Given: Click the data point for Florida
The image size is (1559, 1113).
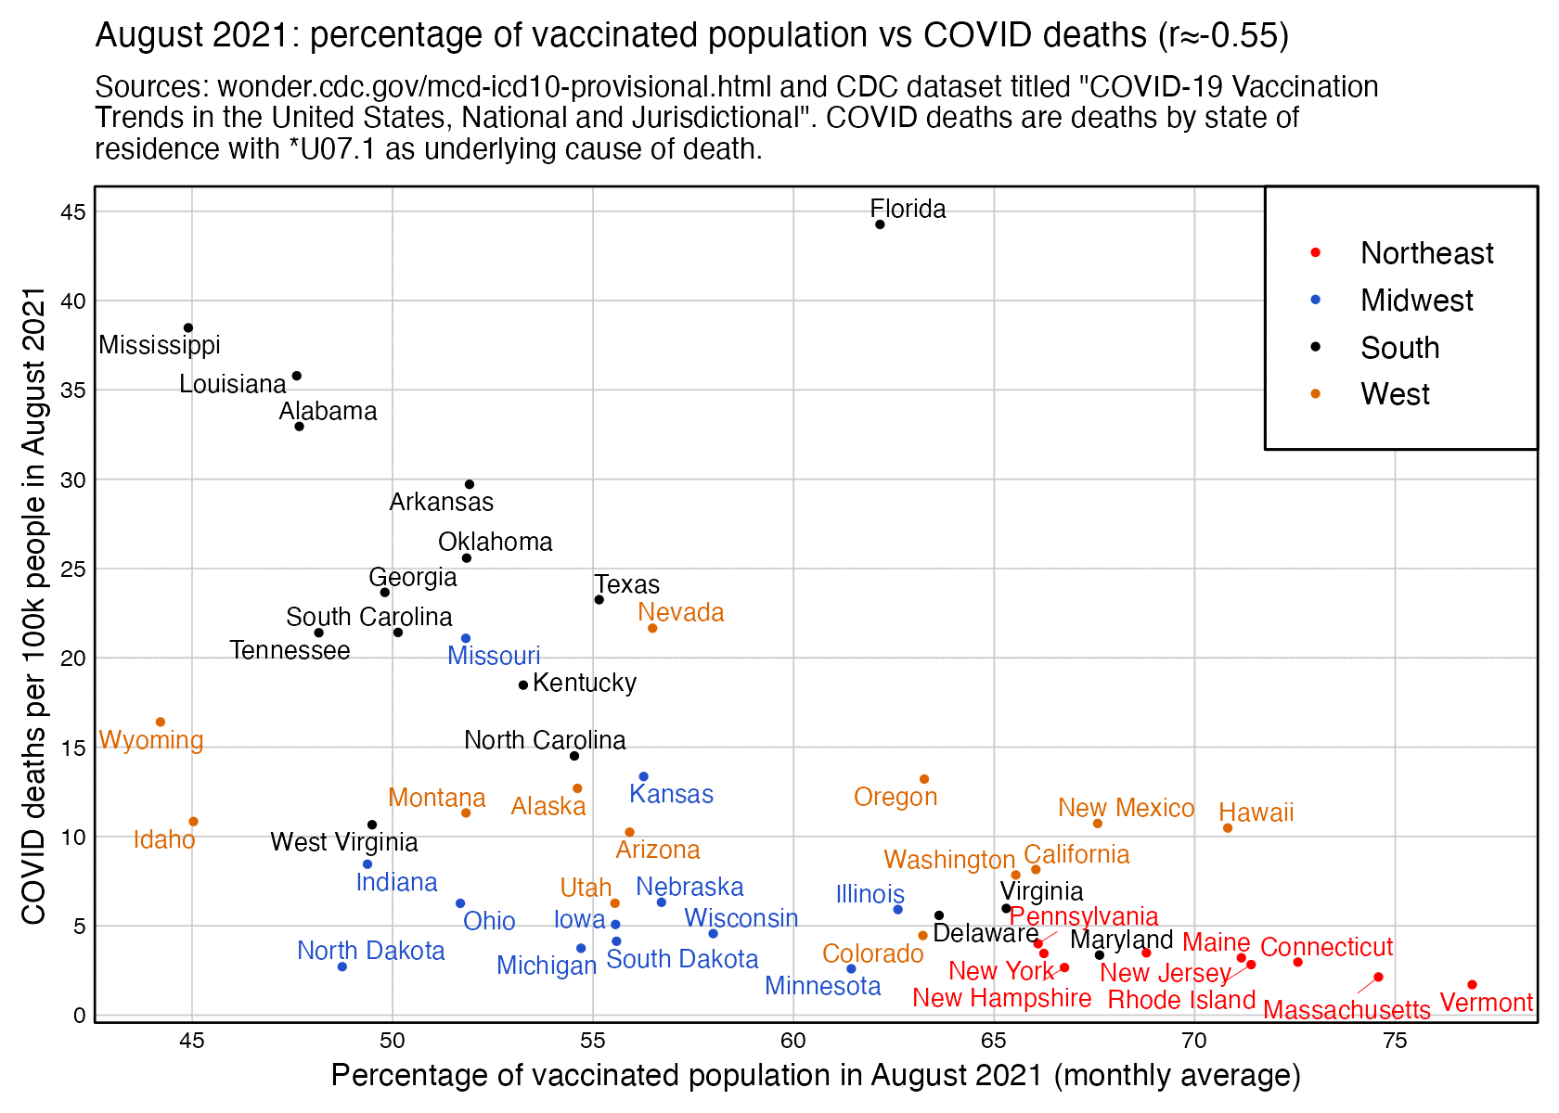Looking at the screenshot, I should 880,224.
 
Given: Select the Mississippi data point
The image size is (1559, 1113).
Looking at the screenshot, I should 188,328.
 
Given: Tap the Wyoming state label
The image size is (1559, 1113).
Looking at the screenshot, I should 150,740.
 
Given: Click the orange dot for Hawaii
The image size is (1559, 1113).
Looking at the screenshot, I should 1228,828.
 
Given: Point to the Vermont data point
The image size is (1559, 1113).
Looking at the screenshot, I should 1472,985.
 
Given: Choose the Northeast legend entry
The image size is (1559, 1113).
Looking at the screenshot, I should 1426,253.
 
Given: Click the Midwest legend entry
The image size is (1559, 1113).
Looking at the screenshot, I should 1416,301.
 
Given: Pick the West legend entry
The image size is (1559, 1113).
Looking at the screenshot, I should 1395,394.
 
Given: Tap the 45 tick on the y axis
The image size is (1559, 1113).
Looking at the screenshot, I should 74,212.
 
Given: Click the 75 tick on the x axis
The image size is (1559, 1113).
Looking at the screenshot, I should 1394,1041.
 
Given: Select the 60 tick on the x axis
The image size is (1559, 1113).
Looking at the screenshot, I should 793,1041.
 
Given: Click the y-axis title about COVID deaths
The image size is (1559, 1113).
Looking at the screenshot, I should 34,606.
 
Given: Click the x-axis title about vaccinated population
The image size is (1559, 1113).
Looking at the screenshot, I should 816,1076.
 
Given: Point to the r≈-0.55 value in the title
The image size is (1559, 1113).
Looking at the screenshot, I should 1223,35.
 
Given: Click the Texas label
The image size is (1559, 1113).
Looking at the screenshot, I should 627,584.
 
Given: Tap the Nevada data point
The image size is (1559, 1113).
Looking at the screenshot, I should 652,629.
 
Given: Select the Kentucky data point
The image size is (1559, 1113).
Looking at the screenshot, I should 523,685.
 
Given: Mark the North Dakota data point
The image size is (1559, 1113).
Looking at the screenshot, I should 342,966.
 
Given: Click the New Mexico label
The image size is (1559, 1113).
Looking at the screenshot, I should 1126,808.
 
